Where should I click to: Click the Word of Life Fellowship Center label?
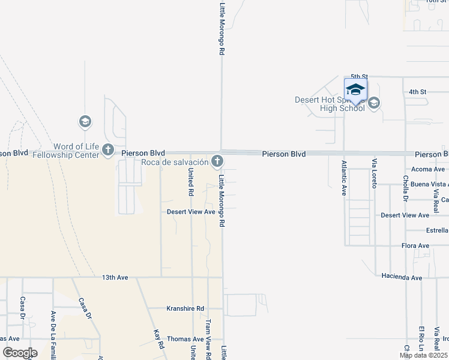click(x=76, y=151)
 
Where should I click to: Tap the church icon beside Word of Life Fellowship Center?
click(x=108, y=149)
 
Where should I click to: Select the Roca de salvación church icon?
click(x=217, y=161)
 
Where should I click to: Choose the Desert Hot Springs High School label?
click(x=330, y=104)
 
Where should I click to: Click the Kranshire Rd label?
click(x=185, y=308)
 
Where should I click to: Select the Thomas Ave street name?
click(x=186, y=339)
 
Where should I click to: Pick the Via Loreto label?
click(x=374, y=173)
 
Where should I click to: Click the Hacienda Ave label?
click(x=402, y=277)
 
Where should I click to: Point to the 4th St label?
click(x=417, y=92)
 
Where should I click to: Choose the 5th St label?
click(x=358, y=77)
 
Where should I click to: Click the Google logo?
click(x=20, y=353)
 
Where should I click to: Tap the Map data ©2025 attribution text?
click(x=423, y=355)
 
